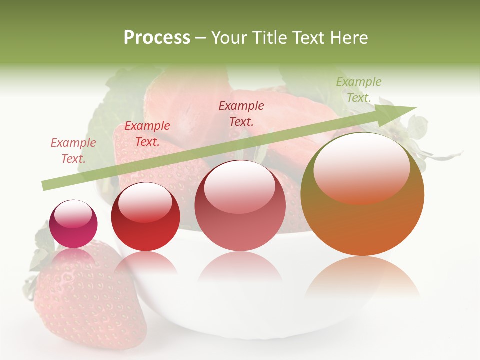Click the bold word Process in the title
click(x=157, y=38)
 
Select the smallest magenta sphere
click(x=73, y=224)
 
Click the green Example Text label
click(x=359, y=90)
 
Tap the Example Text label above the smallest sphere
click(x=73, y=151)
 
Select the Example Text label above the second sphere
click(x=147, y=134)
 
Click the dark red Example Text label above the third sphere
click(x=241, y=113)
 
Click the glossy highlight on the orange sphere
click(x=361, y=167)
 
